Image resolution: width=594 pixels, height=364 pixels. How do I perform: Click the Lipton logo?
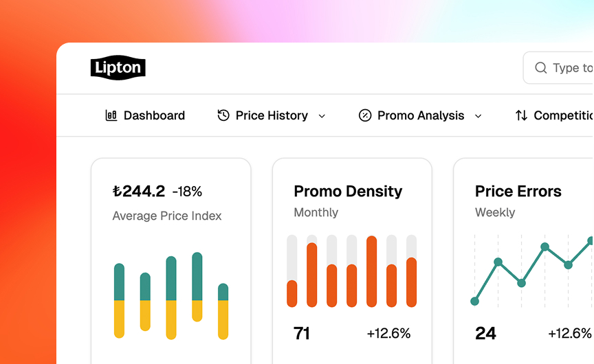point(118,68)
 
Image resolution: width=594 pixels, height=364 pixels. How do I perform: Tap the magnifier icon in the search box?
point(541,68)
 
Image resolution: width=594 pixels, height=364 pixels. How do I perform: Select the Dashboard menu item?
point(154,115)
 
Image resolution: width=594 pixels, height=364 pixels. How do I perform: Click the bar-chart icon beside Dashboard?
point(111,115)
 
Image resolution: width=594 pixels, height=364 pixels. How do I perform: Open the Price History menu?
point(272,115)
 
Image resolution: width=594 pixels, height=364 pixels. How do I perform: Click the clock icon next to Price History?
point(223,115)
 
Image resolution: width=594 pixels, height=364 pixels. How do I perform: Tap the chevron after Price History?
point(322,116)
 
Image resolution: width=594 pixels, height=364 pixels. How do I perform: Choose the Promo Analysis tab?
point(421,115)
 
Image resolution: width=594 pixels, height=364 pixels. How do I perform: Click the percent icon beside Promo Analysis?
point(365,115)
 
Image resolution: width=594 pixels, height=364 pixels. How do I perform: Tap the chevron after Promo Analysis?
point(478,116)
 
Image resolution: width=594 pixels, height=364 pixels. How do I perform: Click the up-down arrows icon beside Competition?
point(522,115)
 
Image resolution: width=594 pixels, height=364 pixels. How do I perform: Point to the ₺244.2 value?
point(139,191)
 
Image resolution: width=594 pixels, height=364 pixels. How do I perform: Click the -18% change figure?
point(187,191)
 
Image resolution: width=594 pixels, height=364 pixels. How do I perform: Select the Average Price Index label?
point(167,216)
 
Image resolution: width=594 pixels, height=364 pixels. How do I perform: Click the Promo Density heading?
point(348,191)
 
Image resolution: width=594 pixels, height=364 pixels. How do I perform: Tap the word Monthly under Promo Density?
point(316,212)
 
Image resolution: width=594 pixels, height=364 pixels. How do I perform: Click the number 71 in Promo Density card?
point(302,334)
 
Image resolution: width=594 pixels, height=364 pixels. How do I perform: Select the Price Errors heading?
point(518,191)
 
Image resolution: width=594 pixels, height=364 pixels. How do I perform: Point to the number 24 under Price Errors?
point(485,334)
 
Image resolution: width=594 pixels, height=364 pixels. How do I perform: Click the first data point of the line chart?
point(474,301)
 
